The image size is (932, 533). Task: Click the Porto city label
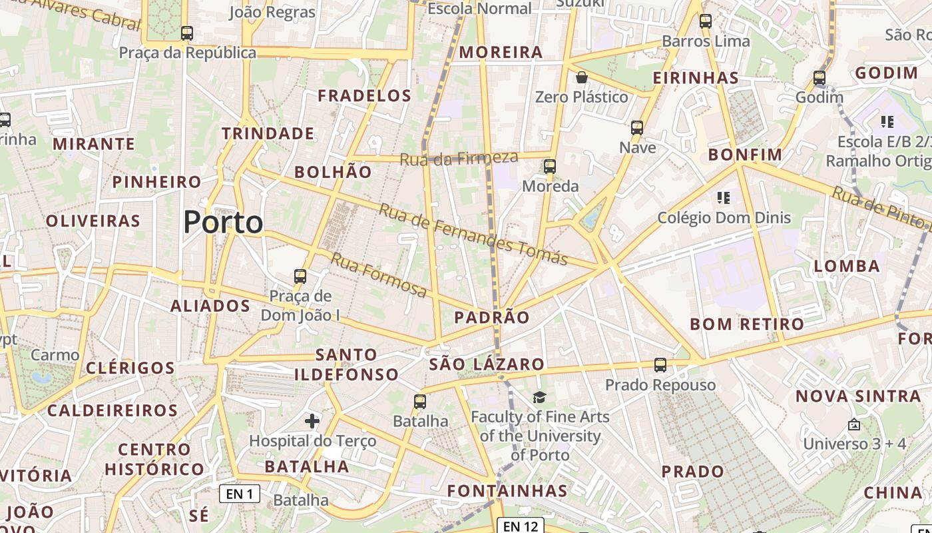pyautogui.click(x=223, y=222)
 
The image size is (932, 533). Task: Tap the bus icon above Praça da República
pyautogui.click(x=187, y=33)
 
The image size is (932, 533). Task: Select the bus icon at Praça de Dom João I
pyautogui.click(x=300, y=276)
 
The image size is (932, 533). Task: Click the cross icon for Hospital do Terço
pyautogui.click(x=312, y=420)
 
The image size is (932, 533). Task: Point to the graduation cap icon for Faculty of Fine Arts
pyautogui.click(x=539, y=397)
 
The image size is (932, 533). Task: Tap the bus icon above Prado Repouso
pyautogui.click(x=660, y=365)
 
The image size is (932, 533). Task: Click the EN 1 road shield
pyautogui.click(x=240, y=494)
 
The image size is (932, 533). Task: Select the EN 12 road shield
pyautogui.click(x=521, y=526)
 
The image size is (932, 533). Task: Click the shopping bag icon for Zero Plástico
pyautogui.click(x=582, y=77)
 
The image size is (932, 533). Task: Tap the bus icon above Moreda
pyautogui.click(x=550, y=166)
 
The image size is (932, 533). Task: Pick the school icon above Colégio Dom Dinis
pyautogui.click(x=724, y=198)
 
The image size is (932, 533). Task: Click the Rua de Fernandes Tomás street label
pyautogui.click(x=473, y=235)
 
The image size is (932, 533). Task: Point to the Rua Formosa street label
pyautogui.click(x=379, y=274)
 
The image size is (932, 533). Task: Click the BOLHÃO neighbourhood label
pyautogui.click(x=333, y=172)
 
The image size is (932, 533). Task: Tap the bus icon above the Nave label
pyautogui.click(x=637, y=127)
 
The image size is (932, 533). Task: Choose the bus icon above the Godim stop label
pyautogui.click(x=819, y=78)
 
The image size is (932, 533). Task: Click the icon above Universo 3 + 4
pyautogui.click(x=854, y=424)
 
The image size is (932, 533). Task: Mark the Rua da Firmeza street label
pyautogui.click(x=459, y=159)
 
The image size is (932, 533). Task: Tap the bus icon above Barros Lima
pyautogui.click(x=706, y=21)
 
